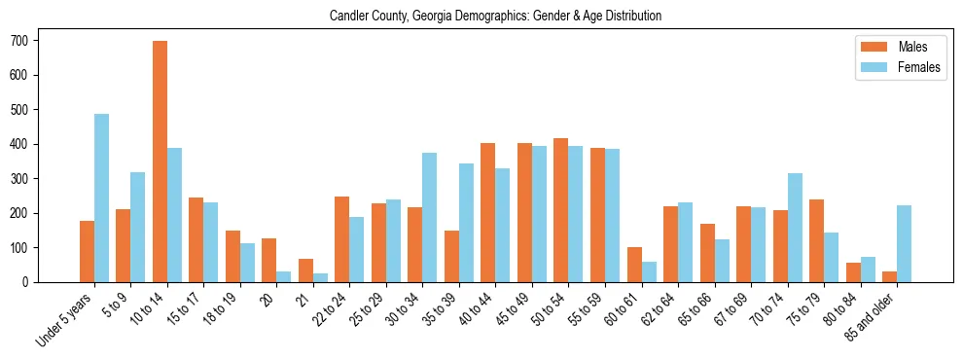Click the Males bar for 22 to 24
pos(342,239)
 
